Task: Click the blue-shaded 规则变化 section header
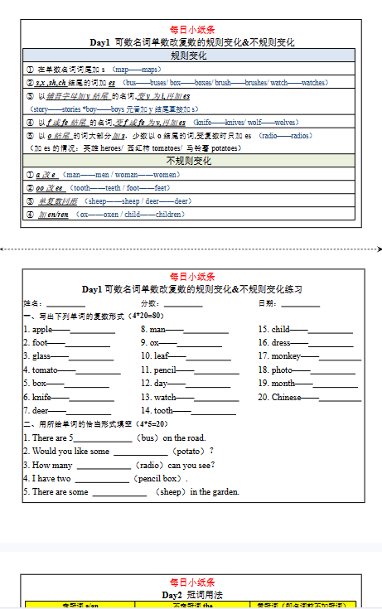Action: pyautogui.click(x=189, y=56)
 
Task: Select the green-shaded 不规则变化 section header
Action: pyautogui.click(x=189, y=161)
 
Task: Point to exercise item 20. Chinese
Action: pyautogui.click(x=281, y=397)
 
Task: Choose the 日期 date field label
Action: pyautogui.click(x=267, y=303)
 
